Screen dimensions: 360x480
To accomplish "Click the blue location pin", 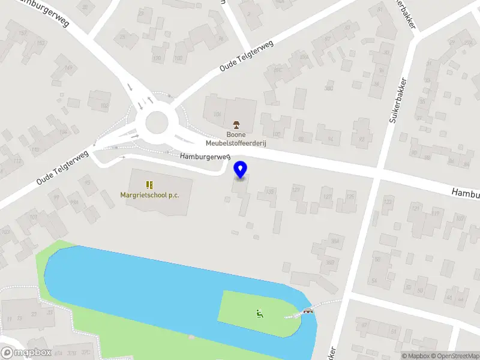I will (240, 170).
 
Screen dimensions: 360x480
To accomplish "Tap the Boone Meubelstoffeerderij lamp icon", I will (237, 125).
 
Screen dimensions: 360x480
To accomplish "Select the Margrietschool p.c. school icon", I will (149, 185).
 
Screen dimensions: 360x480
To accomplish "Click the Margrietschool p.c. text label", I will (149, 195).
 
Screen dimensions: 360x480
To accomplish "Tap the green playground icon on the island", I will (260, 313).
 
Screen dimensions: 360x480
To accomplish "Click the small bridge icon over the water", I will (308, 311).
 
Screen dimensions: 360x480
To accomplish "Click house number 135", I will (271, 191).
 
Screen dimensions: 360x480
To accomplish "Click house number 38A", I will (335, 241).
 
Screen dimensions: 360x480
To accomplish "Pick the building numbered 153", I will (41, 43).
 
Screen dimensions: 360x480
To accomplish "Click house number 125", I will (350, 196).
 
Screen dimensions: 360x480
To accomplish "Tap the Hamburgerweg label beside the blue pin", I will (205, 157).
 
